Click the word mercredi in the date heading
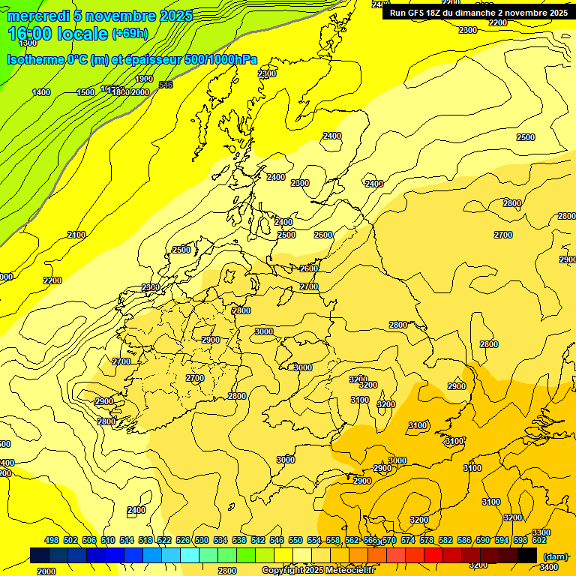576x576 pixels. tap(35, 16)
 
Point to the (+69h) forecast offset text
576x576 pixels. tap(129, 34)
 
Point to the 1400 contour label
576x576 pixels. tap(41, 92)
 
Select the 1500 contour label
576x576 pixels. tap(85, 92)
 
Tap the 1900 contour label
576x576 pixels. tap(144, 79)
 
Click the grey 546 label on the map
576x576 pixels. tap(166, 85)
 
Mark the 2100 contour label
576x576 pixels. tap(76, 235)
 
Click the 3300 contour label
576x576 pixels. tap(541, 532)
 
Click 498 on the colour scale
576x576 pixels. tap(52, 540)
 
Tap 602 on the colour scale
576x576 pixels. tap(539, 540)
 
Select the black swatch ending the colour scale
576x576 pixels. tap(526, 555)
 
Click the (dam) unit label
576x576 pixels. tap(554, 556)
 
